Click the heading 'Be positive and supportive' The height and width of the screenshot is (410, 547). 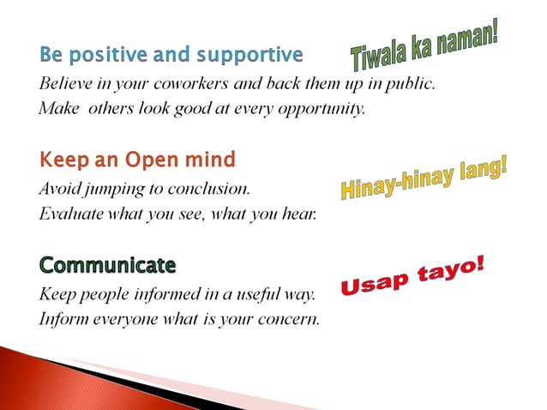171,56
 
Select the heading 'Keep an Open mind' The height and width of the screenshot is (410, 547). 136,160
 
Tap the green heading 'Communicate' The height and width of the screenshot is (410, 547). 107,263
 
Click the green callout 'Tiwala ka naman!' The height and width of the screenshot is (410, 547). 424,46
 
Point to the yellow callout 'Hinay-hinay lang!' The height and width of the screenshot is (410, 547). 424,178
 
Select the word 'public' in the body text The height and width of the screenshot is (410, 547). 412,85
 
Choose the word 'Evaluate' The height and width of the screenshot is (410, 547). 69,214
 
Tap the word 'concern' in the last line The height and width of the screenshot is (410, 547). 291,319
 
